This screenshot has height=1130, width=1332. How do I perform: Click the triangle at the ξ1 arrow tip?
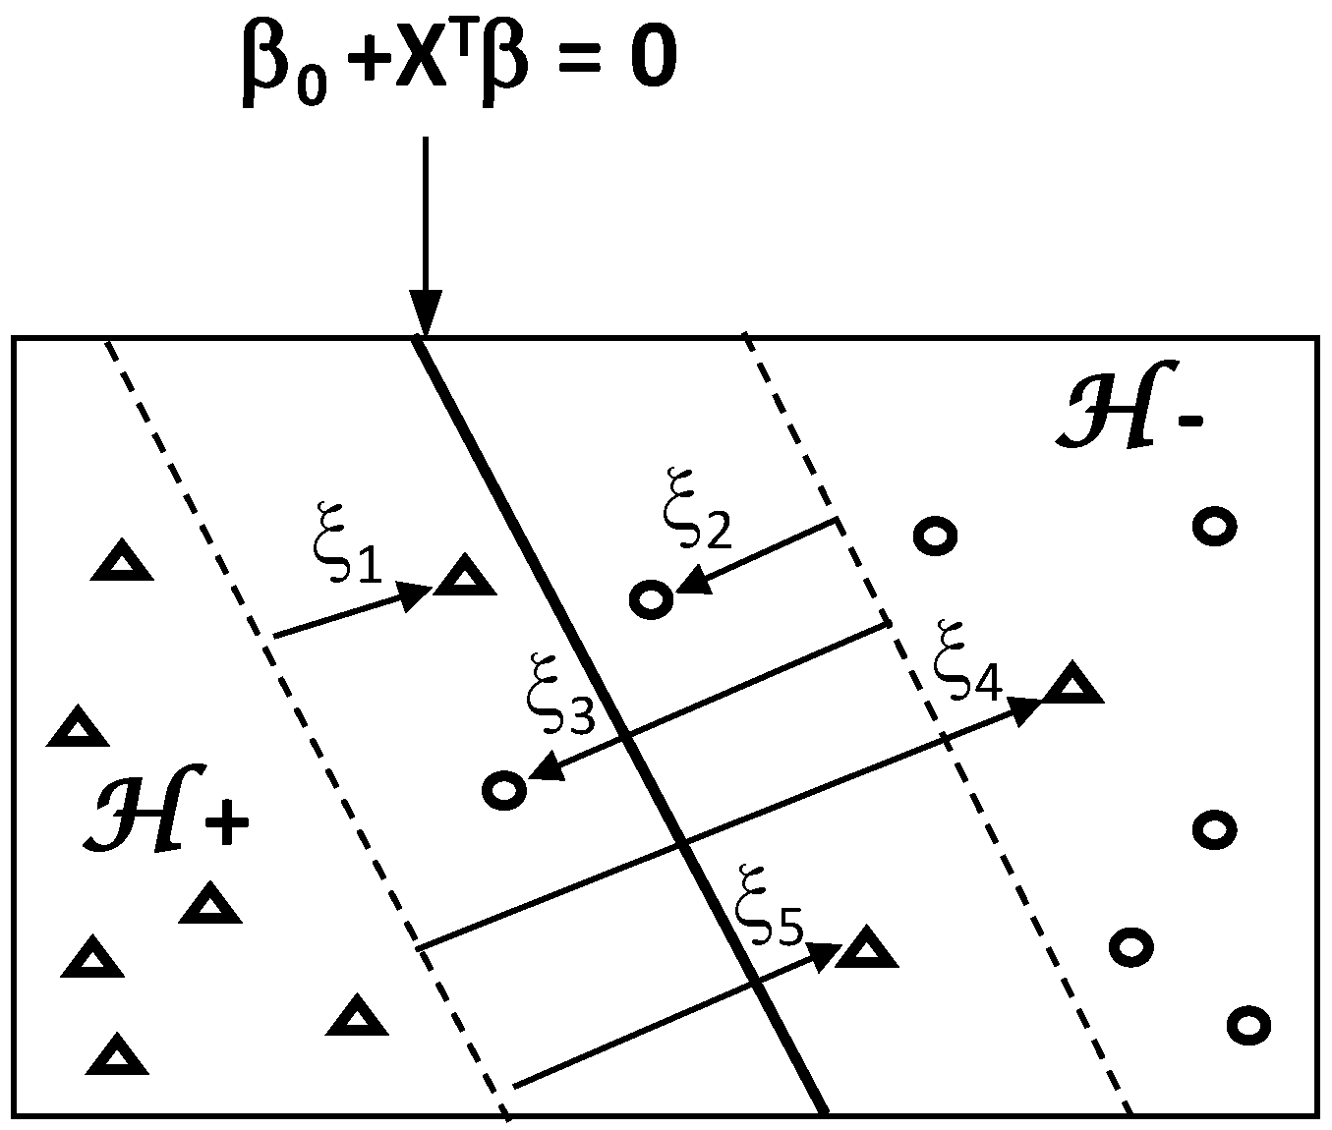(464, 577)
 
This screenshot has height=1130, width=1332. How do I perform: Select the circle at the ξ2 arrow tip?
(652, 598)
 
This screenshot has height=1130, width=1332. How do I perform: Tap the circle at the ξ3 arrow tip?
(505, 789)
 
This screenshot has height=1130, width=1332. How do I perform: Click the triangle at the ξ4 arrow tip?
(1071, 684)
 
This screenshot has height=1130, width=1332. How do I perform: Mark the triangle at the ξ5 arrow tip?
(866, 949)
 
